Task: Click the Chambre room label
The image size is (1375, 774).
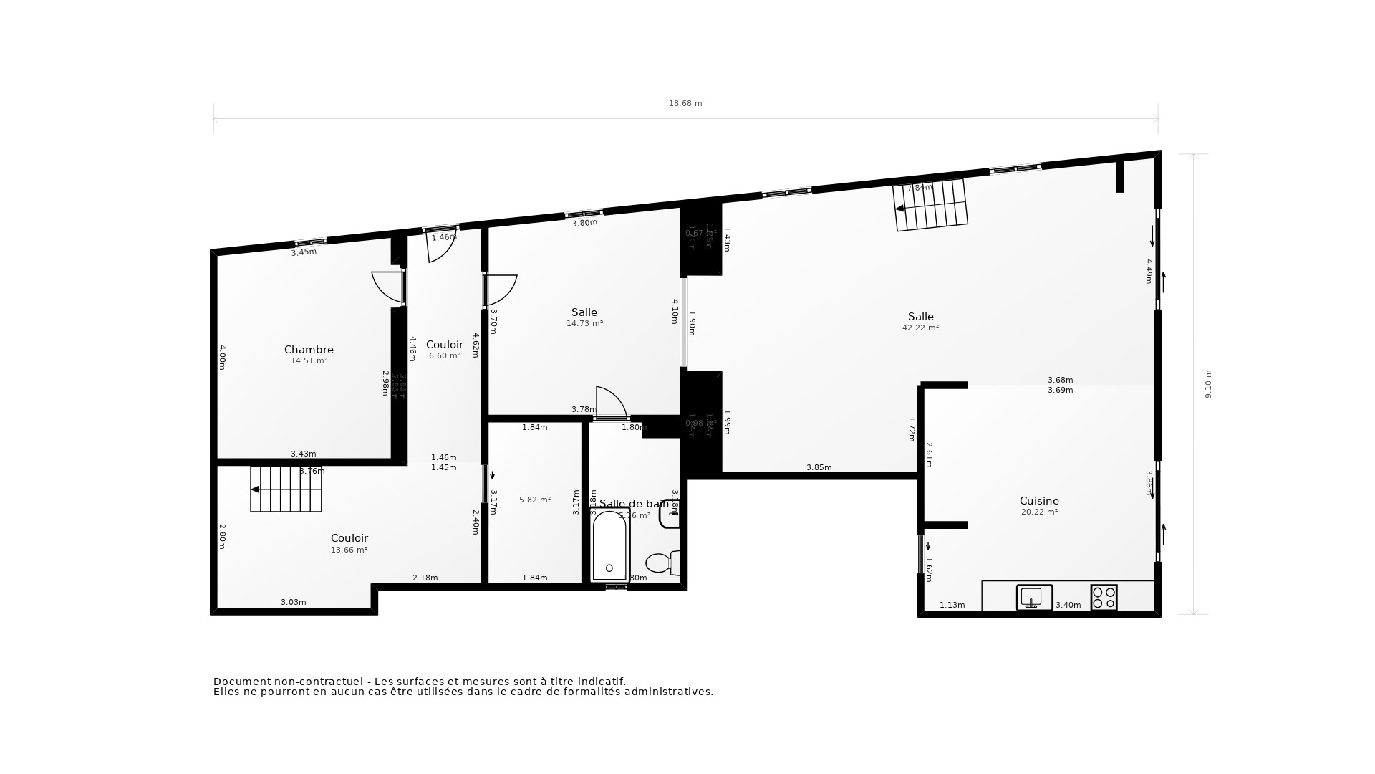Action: (x=309, y=350)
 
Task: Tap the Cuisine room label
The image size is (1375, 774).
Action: (x=1039, y=501)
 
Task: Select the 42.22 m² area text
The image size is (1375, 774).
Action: (x=920, y=328)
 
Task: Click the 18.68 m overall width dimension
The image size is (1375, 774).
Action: (x=685, y=103)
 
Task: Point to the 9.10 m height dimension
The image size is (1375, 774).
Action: (x=1208, y=384)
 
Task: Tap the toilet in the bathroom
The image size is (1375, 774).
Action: (x=662, y=563)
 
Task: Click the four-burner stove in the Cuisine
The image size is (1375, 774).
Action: (x=1104, y=597)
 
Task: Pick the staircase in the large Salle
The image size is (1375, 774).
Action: (x=930, y=206)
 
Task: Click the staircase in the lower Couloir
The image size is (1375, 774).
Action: (x=286, y=489)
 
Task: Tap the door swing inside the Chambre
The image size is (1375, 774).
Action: (x=388, y=287)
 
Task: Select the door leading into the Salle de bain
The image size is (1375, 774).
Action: (x=610, y=403)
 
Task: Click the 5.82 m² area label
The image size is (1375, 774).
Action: (x=535, y=500)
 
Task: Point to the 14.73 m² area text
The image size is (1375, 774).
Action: (x=584, y=323)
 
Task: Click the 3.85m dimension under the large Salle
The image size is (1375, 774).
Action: (x=819, y=467)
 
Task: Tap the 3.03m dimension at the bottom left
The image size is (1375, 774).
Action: (x=293, y=602)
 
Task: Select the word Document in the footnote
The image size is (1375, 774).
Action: (x=242, y=682)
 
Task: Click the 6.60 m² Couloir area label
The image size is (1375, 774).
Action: (x=444, y=355)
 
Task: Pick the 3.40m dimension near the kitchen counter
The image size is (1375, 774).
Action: (x=1068, y=605)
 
